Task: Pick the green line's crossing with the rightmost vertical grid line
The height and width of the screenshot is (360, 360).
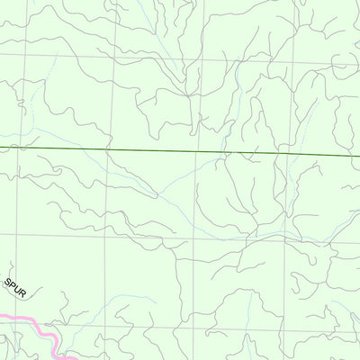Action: (289, 154)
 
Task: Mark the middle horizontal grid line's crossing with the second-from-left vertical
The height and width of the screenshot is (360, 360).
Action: (106, 237)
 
